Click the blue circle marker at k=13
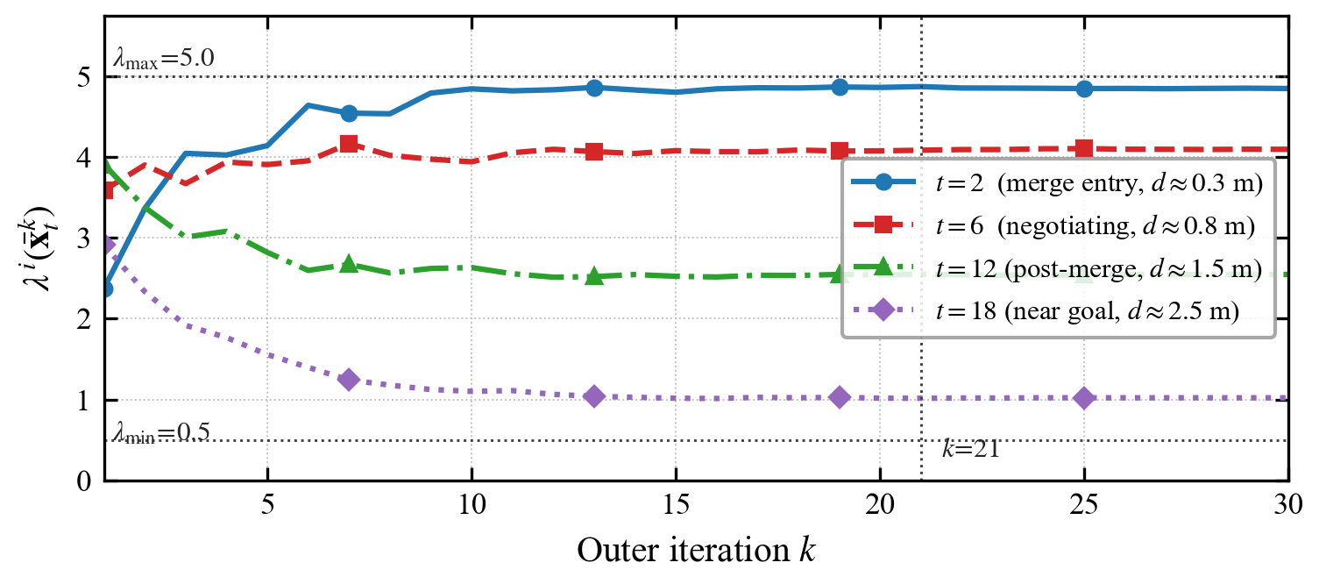pyautogui.click(x=595, y=89)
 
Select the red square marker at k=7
pyautogui.click(x=349, y=144)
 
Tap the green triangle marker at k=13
pyautogui.click(x=595, y=276)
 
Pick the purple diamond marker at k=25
pyautogui.click(x=1084, y=398)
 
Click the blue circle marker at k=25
pyautogui.click(x=1084, y=89)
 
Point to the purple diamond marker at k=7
pyautogui.click(x=349, y=380)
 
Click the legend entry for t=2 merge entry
pyautogui.click(x=1058, y=183)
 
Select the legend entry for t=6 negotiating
pyautogui.click(x=1054, y=225)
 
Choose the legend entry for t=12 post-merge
pyautogui.click(x=1058, y=268)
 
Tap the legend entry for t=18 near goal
pyautogui.click(x=1046, y=310)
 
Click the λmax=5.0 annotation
pyautogui.click(x=164, y=59)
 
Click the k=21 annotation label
pyautogui.click(x=971, y=449)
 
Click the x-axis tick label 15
pyautogui.click(x=676, y=506)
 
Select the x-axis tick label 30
pyautogui.click(x=1287, y=506)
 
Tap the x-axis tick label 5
pyautogui.click(x=268, y=506)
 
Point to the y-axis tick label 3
pyautogui.click(x=84, y=239)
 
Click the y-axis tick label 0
pyautogui.click(x=84, y=481)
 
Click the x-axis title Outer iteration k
pyautogui.click(x=697, y=551)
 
